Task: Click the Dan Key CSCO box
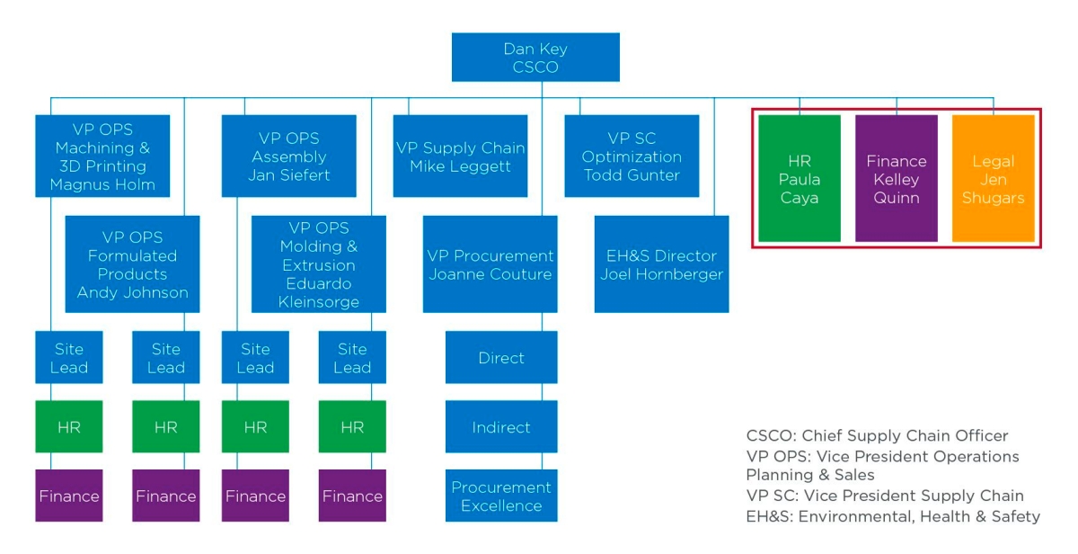click(x=535, y=58)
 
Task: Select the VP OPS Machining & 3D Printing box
click(x=102, y=156)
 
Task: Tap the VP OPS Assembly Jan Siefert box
click(x=288, y=156)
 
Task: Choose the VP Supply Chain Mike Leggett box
click(x=460, y=156)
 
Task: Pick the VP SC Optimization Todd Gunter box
click(x=632, y=156)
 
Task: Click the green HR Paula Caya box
click(x=800, y=178)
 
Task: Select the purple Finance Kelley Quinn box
click(x=897, y=178)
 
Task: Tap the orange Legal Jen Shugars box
click(x=994, y=178)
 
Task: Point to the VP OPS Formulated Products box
click(x=132, y=264)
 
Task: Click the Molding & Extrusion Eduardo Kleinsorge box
click(x=319, y=264)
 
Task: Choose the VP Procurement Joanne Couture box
click(x=490, y=264)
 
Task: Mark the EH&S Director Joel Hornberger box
click(x=662, y=264)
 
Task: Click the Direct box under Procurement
click(x=501, y=357)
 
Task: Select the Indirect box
click(x=501, y=427)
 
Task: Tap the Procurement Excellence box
click(x=501, y=496)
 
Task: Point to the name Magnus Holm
click(x=102, y=184)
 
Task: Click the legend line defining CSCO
click(x=877, y=435)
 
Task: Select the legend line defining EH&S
click(x=893, y=516)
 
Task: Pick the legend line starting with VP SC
click(x=885, y=496)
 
